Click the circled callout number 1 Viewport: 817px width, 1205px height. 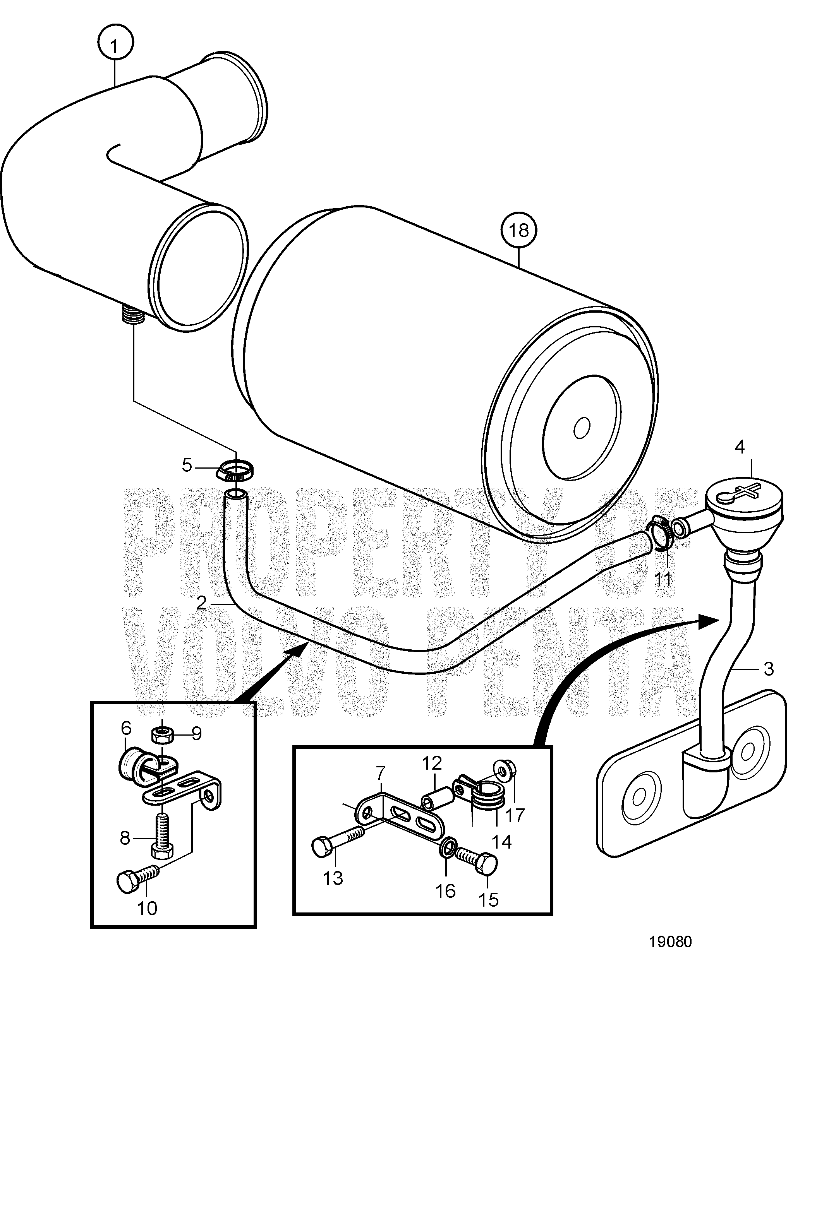[x=115, y=46]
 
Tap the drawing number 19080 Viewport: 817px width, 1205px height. [x=671, y=941]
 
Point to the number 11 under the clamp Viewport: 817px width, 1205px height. [x=663, y=579]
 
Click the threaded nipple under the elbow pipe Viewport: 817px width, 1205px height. [x=133, y=315]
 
